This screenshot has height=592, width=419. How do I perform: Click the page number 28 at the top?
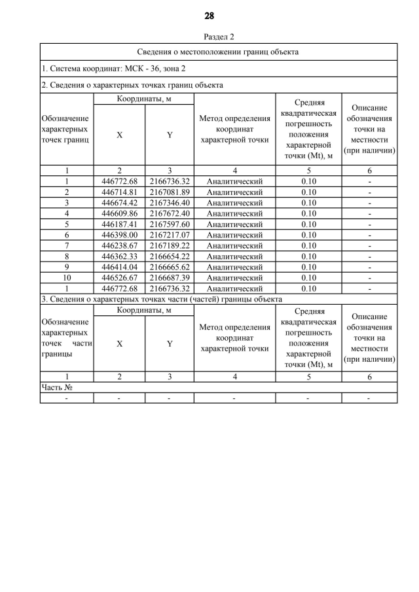point(209,16)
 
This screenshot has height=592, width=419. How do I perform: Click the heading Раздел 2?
point(219,37)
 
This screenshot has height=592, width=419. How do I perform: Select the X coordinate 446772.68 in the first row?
point(119,181)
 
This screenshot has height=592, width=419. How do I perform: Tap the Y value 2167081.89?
point(170,192)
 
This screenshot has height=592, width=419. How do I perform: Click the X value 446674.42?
point(119,203)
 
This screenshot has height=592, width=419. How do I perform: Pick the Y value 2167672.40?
point(170,213)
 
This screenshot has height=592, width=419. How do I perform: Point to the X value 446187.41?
point(119,224)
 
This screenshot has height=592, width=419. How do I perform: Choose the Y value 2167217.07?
point(170,235)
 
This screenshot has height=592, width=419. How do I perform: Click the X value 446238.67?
point(119,245)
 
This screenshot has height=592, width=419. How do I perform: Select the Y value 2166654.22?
point(170,256)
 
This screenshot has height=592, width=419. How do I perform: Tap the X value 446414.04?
point(119,267)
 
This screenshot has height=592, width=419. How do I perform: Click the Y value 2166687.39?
point(170,277)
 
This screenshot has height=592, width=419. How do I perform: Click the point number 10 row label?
point(67,277)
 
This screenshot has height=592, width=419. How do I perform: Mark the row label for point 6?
point(67,235)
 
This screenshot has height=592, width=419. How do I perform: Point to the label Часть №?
point(56,387)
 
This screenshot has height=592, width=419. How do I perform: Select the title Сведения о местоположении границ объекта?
point(219,52)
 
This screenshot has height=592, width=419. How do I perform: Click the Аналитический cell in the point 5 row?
point(234,224)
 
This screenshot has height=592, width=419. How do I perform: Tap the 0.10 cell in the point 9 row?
point(308,267)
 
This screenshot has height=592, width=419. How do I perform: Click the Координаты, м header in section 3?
point(144,309)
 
